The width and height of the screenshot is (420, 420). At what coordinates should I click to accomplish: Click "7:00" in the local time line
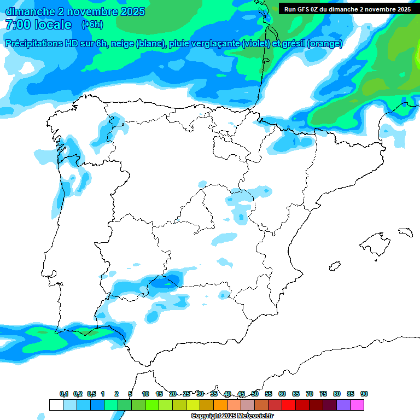coord(17,25)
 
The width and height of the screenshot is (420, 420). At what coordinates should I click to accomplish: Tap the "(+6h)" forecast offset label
coord(92,25)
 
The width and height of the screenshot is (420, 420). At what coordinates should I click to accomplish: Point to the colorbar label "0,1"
coord(63,394)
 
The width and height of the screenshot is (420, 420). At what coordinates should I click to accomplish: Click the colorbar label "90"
coord(364,394)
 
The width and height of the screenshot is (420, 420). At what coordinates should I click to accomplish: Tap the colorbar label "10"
coord(145,394)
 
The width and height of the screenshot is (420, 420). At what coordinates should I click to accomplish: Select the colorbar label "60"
coord(282,394)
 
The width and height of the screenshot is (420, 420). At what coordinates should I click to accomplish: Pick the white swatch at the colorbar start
coord(56,405)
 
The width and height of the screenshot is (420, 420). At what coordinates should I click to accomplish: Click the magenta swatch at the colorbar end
coord(357,405)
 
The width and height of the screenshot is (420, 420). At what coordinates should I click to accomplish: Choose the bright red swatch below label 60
coord(289,405)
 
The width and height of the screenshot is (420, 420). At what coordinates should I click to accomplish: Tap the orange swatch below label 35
coord(220,405)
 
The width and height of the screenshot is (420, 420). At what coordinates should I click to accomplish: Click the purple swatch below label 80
coord(343,405)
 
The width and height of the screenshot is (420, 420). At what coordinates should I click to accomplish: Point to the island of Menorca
coord(405,232)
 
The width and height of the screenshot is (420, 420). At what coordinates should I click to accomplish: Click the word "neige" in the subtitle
coord(123,44)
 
